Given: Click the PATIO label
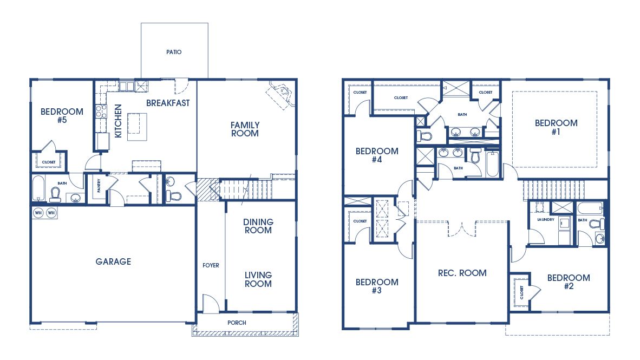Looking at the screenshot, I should [x=174, y=53].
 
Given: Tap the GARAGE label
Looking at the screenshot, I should [x=113, y=261].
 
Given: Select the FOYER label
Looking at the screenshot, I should [x=211, y=265].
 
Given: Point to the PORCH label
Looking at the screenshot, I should [x=237, y=323].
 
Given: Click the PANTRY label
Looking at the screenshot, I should [x=99, y=186].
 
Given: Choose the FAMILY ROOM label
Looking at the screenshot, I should [x=245, y=129].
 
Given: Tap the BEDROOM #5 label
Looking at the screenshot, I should [x=62, y=116].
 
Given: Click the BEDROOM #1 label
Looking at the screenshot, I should [x=556, y=127].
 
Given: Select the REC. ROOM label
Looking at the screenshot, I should [x=462, y=273].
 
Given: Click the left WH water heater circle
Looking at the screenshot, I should [x=39, y=213].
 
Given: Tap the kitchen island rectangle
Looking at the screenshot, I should [x=138, y=127].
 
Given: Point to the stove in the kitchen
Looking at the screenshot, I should [x=101, y=112].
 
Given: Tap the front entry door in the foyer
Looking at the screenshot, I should [x=211, y=304].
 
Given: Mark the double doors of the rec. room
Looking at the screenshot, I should [x=462, y=228].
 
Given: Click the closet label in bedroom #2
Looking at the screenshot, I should [x=522, y=292].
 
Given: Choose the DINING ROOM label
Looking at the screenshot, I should [x=258, y=226].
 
